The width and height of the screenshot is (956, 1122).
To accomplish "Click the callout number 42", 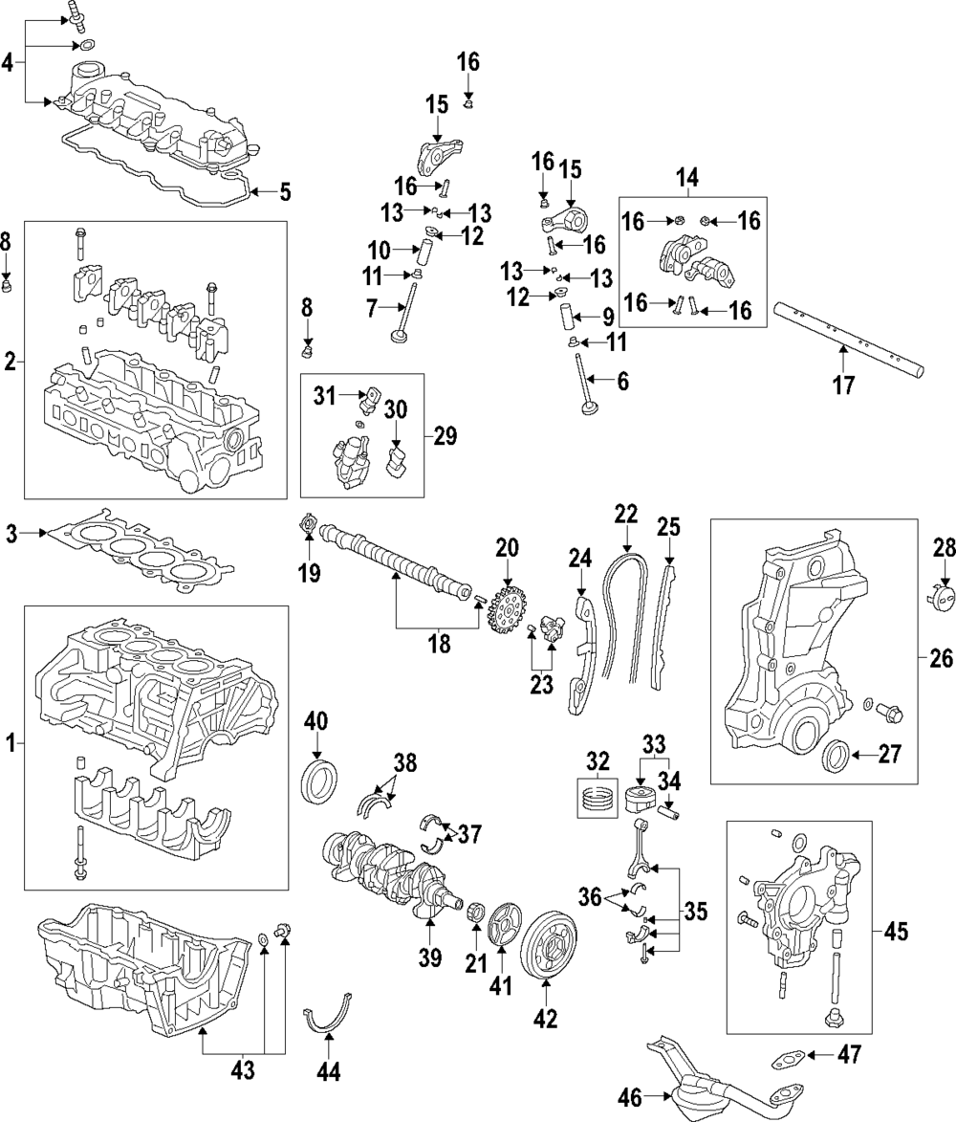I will (x=545, y=1020).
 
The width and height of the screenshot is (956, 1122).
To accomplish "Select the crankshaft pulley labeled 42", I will (x=548, y=945).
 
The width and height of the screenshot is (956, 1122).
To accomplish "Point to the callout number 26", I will (x=938, y=658).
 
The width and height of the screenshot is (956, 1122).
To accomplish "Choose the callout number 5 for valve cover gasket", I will (x=285, y=192).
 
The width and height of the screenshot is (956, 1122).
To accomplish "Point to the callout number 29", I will (x=445, y=436).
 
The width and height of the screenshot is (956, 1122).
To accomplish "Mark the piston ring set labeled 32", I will (x=597, y=796).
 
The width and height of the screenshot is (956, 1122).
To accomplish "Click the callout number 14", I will (x=687, y=176).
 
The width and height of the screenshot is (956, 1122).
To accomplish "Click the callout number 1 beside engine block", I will (x=11, y=742).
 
